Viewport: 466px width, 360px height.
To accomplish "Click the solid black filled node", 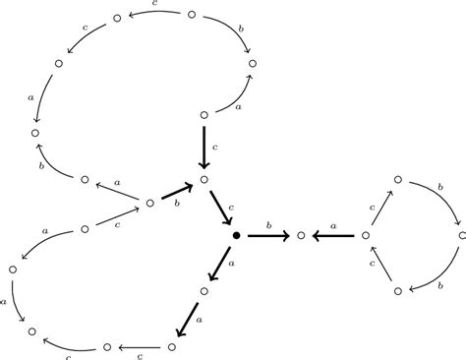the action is pos(236,236).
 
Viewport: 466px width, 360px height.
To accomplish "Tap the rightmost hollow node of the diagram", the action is pos(461,236).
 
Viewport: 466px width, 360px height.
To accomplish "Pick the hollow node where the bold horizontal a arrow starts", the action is pos(366,236).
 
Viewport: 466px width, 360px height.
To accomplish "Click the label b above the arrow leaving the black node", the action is pos(269,226).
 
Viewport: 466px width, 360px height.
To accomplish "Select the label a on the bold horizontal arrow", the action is pos(333,227).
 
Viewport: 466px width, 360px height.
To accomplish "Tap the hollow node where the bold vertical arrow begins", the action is pos(204,114).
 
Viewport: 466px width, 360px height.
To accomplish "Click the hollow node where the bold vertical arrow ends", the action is pos(204,179).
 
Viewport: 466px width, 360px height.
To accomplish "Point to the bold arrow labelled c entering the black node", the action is pos(219,208).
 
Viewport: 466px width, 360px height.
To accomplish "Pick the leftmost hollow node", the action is pos(13,269).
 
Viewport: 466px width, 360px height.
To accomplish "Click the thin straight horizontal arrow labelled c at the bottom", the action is pos(139,347).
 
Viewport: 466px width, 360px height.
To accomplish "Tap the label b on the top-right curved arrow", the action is pos(242,30).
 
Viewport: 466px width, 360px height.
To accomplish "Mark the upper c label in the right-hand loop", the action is pos(372,208).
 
